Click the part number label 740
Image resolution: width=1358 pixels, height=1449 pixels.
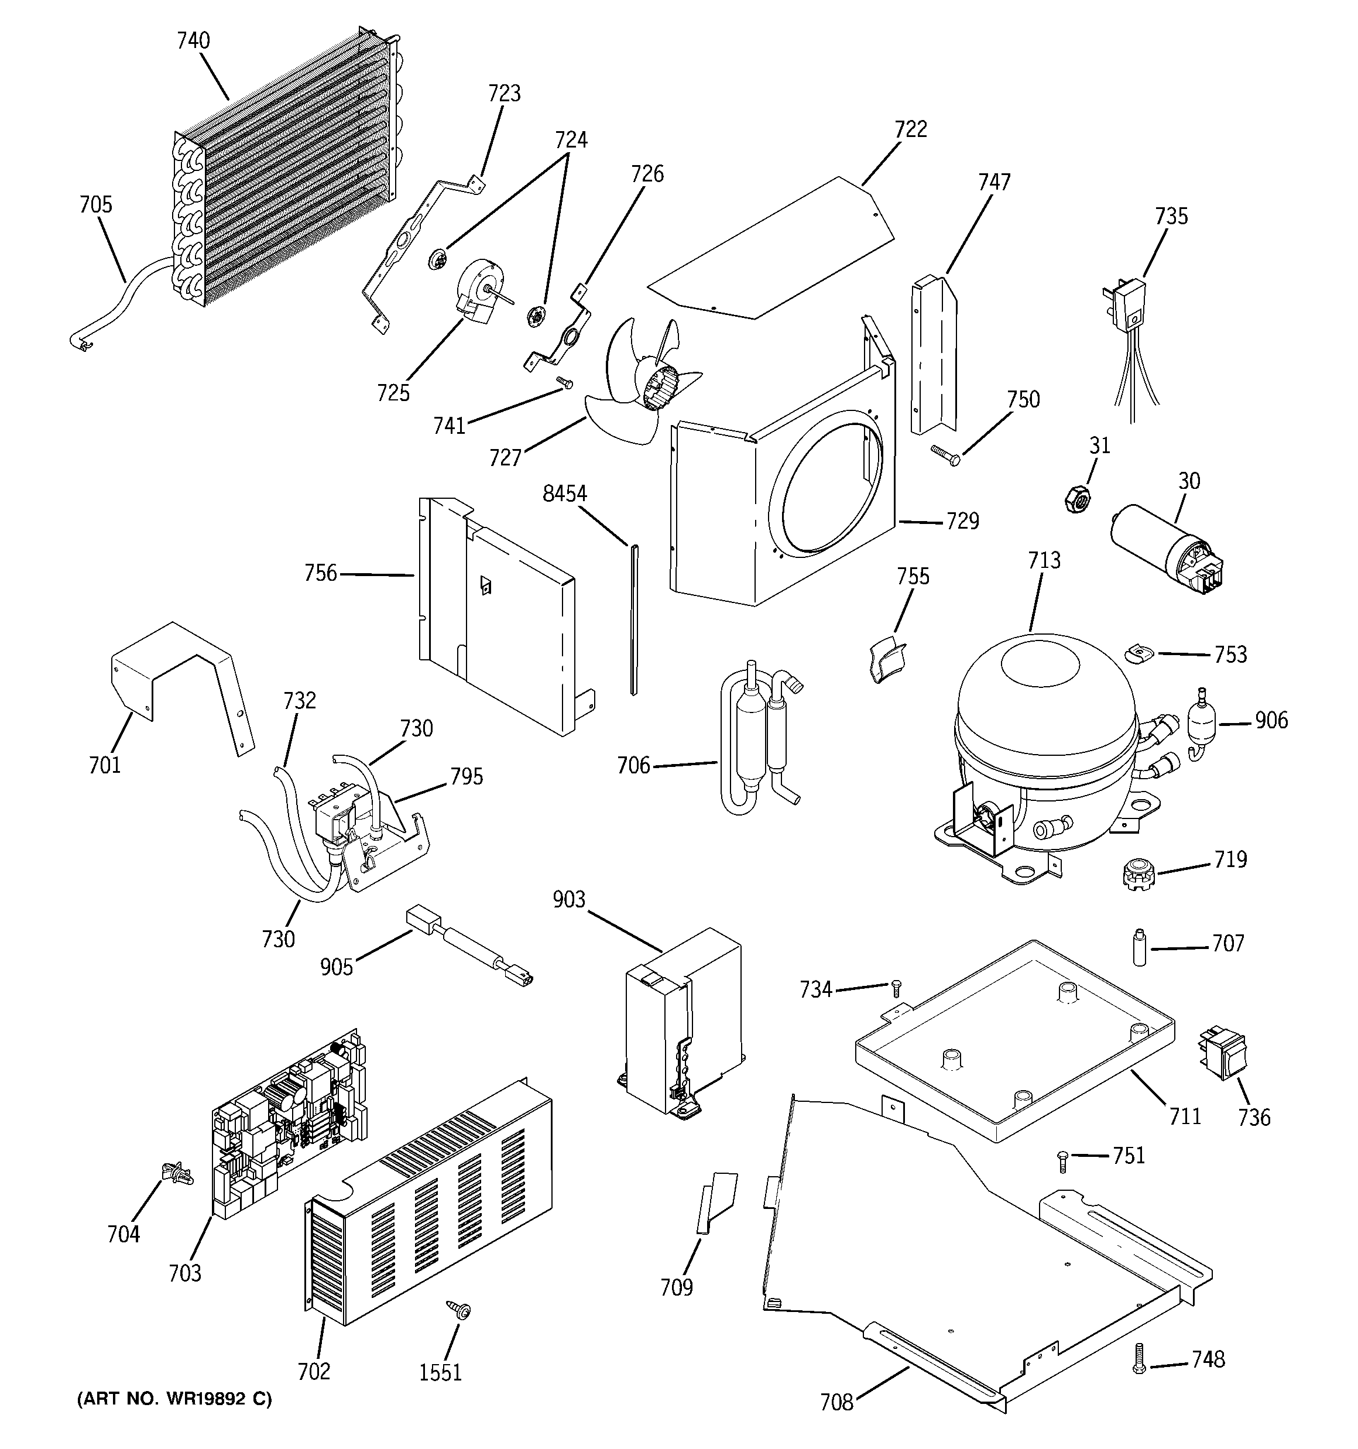point(193,41)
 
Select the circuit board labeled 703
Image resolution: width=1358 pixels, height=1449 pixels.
point(288,1122)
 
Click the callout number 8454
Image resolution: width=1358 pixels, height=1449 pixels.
point(565,494)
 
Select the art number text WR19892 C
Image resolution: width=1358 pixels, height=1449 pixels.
point(174,1399)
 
